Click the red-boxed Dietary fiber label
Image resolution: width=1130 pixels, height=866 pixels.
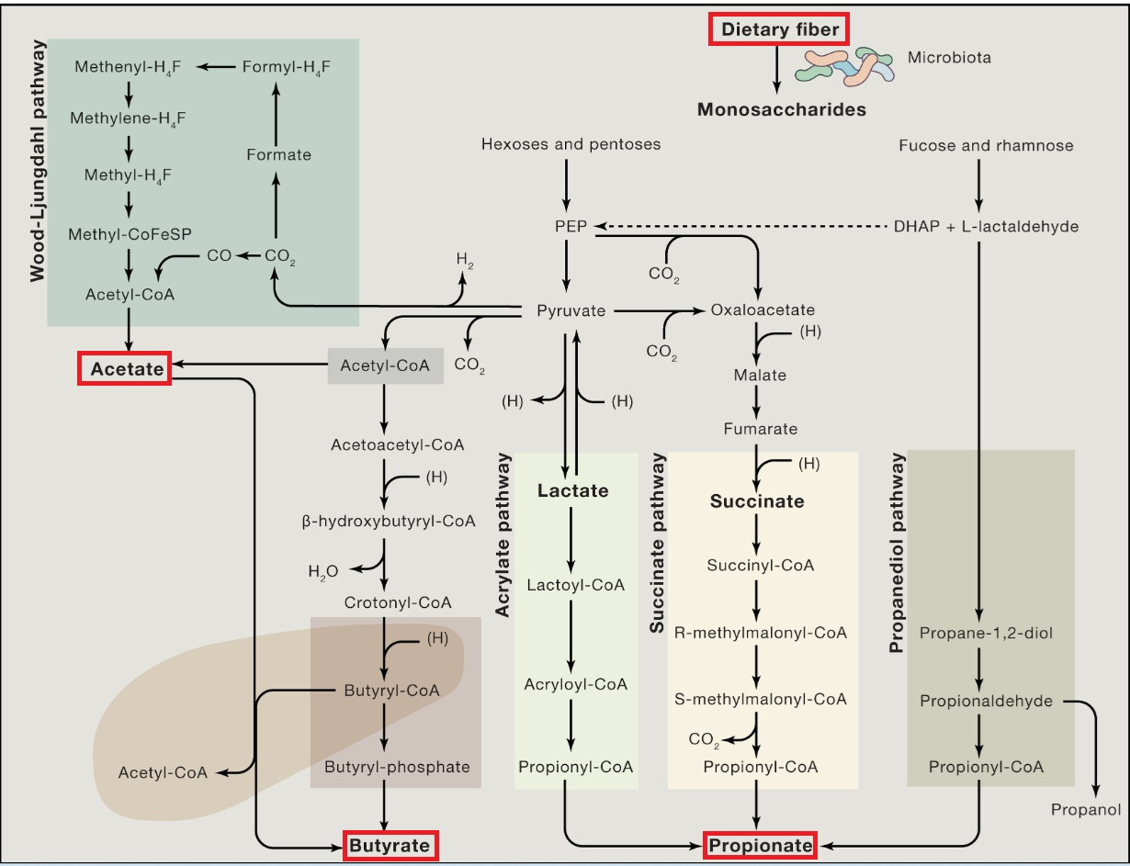click(x=779, y=30)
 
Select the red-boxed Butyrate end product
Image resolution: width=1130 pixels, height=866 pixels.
click(x=390, y=845)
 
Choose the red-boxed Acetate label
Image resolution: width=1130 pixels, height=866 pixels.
click(x=123, y=369)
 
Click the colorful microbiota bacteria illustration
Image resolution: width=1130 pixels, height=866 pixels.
click(x=844, y=68)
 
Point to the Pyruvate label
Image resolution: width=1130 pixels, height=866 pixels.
click(x=571, y=310)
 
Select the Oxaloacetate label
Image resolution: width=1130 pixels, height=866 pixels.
click(x=763, y=310)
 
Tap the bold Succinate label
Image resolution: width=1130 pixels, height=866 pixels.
click(x=756, y=501)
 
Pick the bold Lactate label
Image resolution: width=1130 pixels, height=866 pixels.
click(x=572, y=490)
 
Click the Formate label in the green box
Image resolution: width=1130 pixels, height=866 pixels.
click(x=278, y=154)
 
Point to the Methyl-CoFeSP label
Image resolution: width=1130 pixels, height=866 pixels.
click(x=129, y=235)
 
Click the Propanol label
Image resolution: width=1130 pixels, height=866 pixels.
click(x=1086, y=809)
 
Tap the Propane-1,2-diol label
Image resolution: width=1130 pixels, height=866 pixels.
click(x=980, y=633)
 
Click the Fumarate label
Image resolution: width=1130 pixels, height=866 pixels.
click(x=760, y=429)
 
